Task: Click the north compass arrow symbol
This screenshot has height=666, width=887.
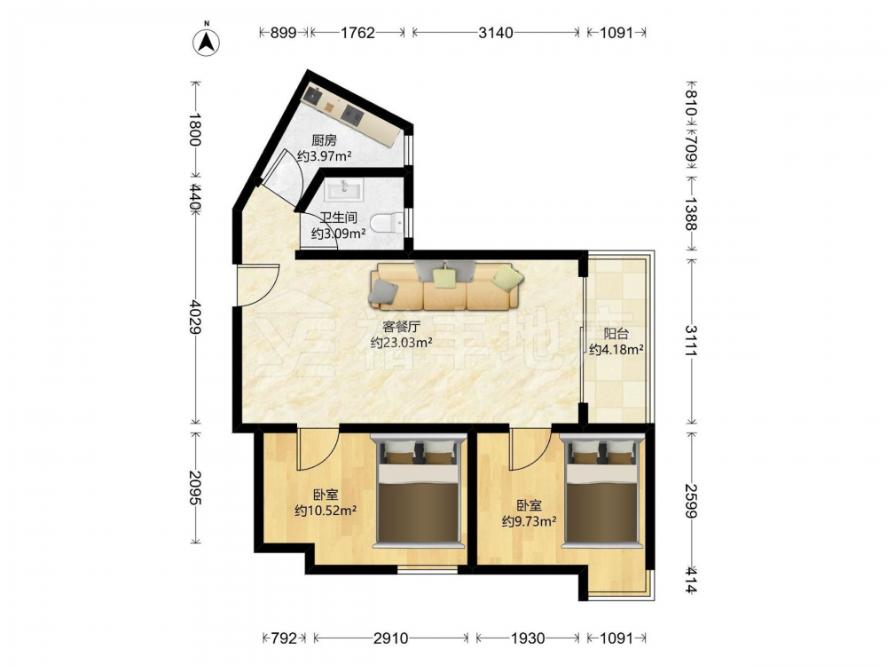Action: [x=207, y=42]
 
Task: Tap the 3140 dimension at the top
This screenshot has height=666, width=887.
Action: [x=496, y=33]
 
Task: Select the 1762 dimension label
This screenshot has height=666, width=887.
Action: [x=357, y=33]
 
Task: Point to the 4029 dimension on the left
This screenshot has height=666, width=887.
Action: [x=196, y=317]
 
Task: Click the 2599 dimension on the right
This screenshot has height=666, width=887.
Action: [x=691, y=501]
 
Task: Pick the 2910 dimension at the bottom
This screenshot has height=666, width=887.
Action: [x=390, y=638]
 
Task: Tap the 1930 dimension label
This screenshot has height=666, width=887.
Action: [x=528, y=638]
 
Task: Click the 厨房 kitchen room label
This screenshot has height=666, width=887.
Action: [x=324, y=140]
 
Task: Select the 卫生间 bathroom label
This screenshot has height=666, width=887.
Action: [x=338, y=218]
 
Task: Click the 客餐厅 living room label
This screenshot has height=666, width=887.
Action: [x=401, y=327]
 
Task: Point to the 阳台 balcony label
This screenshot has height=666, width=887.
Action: [x=616, y=334]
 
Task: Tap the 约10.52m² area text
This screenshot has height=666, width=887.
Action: [x=326, y=511]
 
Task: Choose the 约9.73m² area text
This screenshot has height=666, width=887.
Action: [x=529, y=521]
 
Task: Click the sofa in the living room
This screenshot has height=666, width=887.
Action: [x=445, y=285]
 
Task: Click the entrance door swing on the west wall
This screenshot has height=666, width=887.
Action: [x=257, y=285]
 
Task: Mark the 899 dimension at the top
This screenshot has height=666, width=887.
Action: [x=283, y=33]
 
